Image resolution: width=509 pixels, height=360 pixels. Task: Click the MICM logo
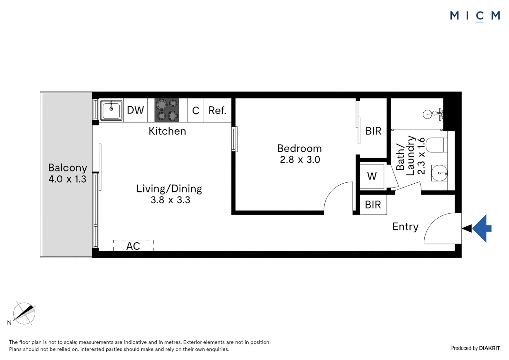(475, 16)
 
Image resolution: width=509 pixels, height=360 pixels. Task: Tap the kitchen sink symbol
(111, 110)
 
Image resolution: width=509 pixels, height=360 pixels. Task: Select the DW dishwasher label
(135, 110)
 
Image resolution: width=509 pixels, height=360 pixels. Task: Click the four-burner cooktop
(167, 110)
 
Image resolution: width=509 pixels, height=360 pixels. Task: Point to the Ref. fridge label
(217, 110)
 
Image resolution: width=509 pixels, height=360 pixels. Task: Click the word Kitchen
(167, 131)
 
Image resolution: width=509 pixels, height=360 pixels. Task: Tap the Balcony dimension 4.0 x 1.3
(67, 179)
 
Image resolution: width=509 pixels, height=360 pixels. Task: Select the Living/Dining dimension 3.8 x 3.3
(170, 200)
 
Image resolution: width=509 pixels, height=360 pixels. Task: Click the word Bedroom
(299, 148)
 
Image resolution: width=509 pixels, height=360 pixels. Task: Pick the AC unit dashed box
(133, 246)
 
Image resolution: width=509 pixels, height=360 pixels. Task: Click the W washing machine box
(372, 176)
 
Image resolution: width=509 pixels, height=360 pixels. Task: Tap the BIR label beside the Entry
(373, 205)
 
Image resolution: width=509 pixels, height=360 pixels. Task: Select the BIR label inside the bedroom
(373, 131)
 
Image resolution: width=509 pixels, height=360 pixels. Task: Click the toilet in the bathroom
(437, 145)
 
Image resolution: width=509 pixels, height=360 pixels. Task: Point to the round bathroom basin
(440, 173)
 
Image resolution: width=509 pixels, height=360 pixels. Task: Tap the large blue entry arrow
(482, 228)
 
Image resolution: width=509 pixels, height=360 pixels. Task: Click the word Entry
(405, 227)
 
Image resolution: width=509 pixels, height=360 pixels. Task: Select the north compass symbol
(24, 313)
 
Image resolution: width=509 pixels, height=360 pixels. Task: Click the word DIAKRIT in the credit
(489, 348)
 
